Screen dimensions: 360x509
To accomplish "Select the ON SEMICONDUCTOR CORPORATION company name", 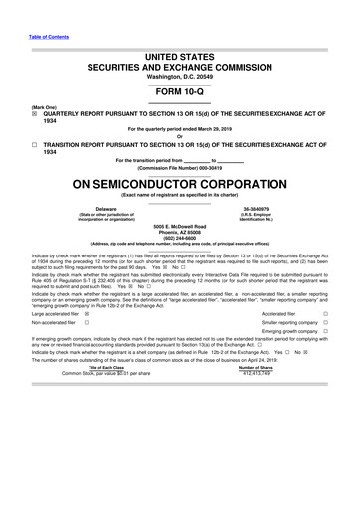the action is click(179, 184).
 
